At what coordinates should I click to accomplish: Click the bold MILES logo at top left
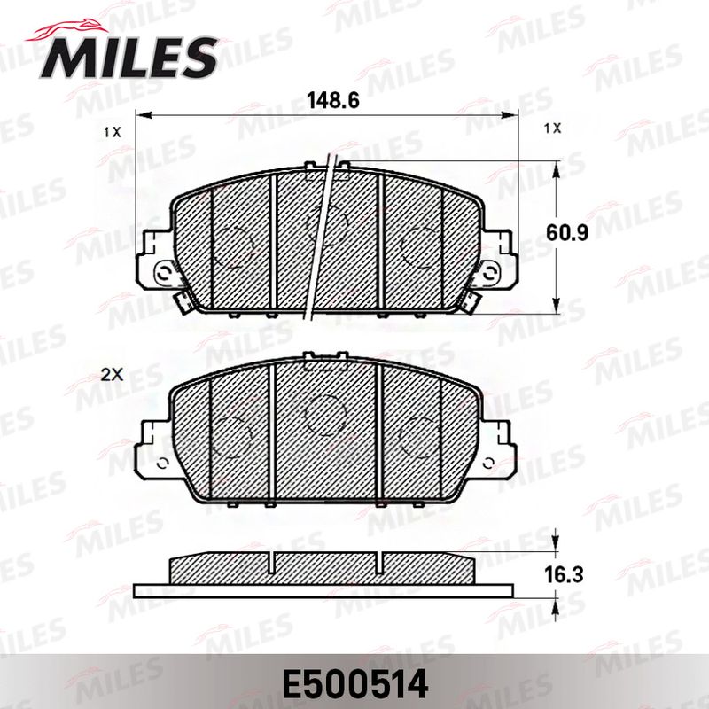pyautogui.click(x=129, y=58)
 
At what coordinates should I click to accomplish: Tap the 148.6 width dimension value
pyautogui.click(x=333, y=100)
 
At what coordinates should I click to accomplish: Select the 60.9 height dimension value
pyautogui.click(x=567, y=233)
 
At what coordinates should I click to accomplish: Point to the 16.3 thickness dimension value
pyautogui.click(x=564, y=574)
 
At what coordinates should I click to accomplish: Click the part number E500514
pyautogui.click(x=355, y=684)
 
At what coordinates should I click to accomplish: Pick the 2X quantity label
pyautogui.click(x=112, y=375)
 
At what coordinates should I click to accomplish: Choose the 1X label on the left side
pyautogui.click(x=113, y=132)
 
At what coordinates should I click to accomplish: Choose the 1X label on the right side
pyautogui.click(x=552, y=129)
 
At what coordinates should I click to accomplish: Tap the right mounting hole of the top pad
pyautogui.click(x=491, y=273)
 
